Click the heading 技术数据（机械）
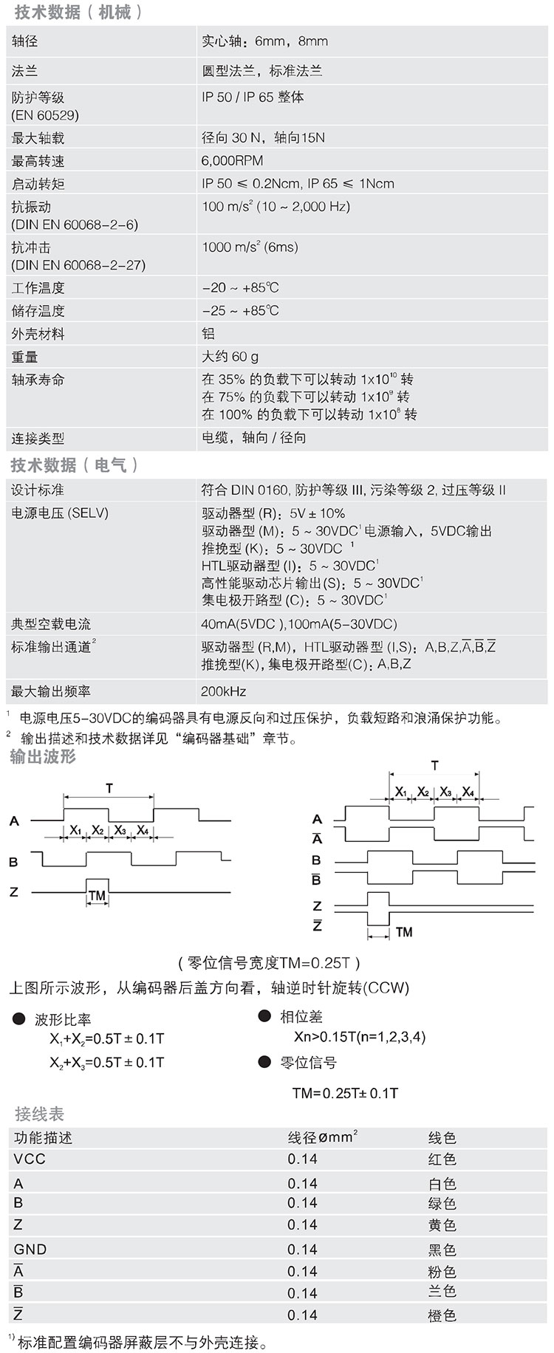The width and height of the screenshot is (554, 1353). click(77, 12)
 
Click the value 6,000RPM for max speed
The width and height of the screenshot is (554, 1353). click(232, 161)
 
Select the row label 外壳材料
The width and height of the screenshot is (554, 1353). click(38, 334)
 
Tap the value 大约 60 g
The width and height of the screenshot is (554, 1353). click(230, 357)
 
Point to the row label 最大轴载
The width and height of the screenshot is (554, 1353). click(38, 138)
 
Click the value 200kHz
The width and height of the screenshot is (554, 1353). click(223, 691)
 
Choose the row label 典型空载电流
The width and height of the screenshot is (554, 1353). click(51, 624)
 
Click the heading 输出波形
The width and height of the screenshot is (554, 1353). click(43, 757)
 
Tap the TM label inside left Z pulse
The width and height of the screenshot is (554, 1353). click(97, 896)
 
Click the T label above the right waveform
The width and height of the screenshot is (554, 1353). click(434, 765)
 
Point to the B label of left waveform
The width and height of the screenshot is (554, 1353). click(13, 862)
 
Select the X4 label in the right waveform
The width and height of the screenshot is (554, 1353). click(468, 792)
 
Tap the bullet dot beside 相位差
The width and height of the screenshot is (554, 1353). click(264, 1017)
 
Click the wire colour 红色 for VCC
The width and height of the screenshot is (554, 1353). click(442, 1160)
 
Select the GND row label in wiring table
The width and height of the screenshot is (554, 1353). click(30, 1249)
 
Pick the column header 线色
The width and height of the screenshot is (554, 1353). click(442, 1138)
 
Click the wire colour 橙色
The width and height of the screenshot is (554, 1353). click(442, 1315)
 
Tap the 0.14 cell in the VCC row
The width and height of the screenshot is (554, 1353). click(302, 1160)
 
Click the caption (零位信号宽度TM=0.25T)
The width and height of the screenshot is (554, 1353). click(270, 962)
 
